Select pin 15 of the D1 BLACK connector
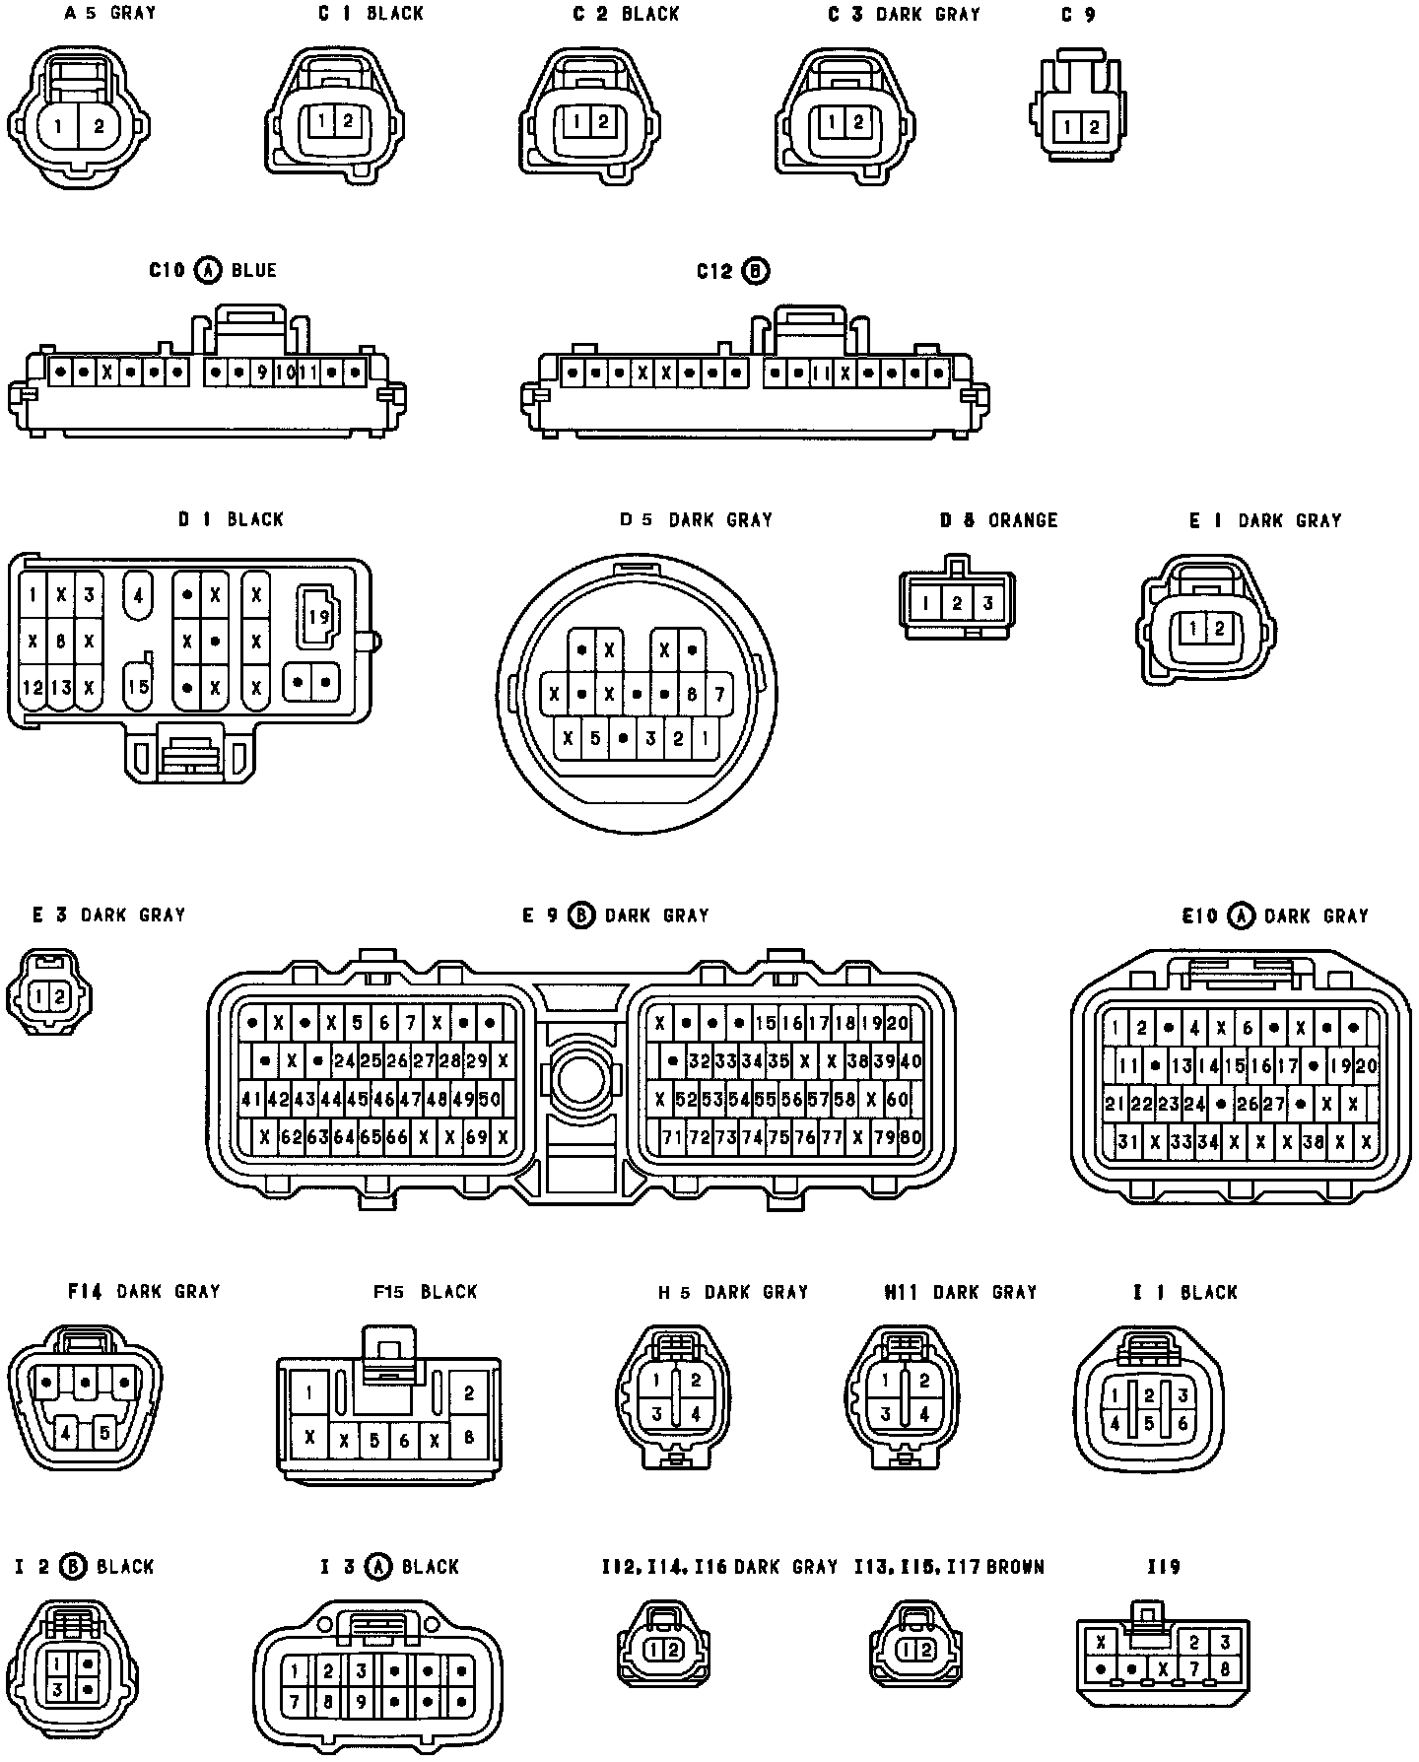pyautogui.click(x=138, y=685)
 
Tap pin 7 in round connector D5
pyautogui.click(x=720, y=694)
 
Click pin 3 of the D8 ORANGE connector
pyautogui.click(x=987, y=603)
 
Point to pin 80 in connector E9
pyautogui.click(x=911, y=1137)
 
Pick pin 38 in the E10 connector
pyautogui.click(x=1313, y=1142)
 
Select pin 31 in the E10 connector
pyautogui.click(x=1127, y=1142)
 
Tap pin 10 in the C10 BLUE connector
pyautogui.click(x=285, y=373)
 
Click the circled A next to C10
pyautogui.click(x=207, y=270)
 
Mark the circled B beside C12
pyautogui.click(x=756, y=271)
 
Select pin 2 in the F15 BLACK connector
pyautogui.click(x=469, y=1392)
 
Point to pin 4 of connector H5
pyautogui.click(x=695, y=1414)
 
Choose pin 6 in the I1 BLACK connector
pyautogui.click(x=1182, y=1423)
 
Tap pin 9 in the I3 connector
pyautogui.click(x=362, y=1700)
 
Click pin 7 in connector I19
pyautogui.click(x=1194, y=1669)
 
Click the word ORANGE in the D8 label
pyautogui.click(x=1023, y=519)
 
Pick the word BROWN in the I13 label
pyautogui.click(x=1014, y=1567)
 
